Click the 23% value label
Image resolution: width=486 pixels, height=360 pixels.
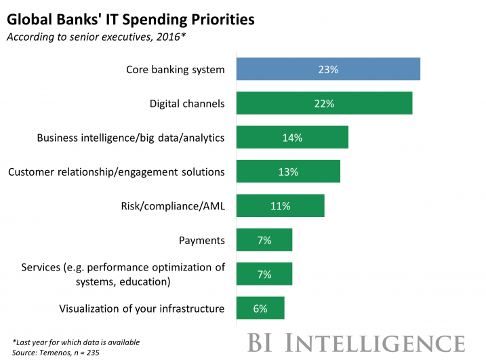click(x=327, y=69)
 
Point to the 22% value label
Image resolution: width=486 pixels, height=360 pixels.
click(x=324, y=104)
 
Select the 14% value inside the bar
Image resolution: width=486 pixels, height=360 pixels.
click(x=291, y=138)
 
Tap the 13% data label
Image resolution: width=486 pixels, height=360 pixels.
click(x=288, y=172)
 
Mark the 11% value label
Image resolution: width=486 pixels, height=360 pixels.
click(x=280, y=205)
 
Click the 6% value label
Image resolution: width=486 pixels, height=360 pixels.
click(x=260, y=308)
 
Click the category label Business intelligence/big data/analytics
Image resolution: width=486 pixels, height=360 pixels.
click(x=130, y=138)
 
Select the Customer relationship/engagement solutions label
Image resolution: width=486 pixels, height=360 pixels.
click(x=116, y=172)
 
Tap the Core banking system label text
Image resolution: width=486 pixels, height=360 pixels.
click(x=176, y=69)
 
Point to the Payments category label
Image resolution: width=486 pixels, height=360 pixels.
click(x=201, y=240)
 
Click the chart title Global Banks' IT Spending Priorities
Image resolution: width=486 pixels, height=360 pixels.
click(x=131, y=19)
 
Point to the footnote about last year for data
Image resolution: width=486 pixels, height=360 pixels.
click(x=76, y=342)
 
